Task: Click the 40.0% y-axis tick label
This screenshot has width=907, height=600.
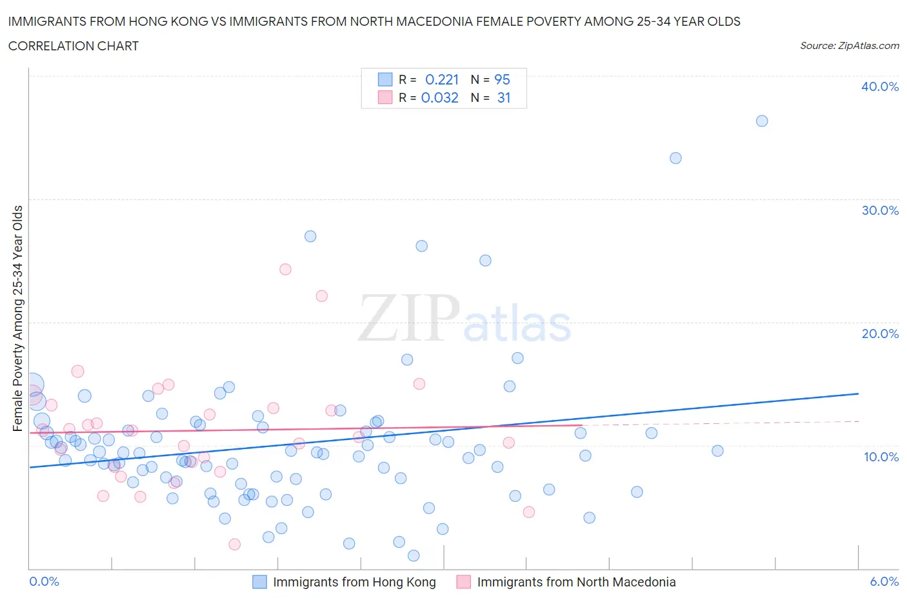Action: point(879,87)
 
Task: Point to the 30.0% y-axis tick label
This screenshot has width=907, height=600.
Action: point(879,210)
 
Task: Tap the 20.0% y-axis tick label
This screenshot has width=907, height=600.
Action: point(879,334)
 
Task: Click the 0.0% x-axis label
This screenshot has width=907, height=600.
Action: point(44,581)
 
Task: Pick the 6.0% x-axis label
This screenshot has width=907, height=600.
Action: point(884,581)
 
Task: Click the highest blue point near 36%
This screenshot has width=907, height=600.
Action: point(762,121)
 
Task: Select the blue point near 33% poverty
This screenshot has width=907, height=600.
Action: point(675,158)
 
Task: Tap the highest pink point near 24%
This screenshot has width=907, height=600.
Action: point(285,270)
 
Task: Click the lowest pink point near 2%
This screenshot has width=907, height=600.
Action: point(235,545)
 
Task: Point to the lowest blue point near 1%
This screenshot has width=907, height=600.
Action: point(414,555)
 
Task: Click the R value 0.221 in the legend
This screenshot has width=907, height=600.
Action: point(442,79)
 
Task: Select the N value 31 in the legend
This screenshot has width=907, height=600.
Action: point(504,97)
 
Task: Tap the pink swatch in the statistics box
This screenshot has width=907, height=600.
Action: point(385,97)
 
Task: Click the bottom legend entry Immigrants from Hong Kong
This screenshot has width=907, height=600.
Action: point(354,582)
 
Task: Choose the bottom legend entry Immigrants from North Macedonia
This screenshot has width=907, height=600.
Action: point(576,582)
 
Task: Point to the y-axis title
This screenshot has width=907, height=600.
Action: point(17,318)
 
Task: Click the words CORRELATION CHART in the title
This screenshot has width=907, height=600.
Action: point(74,46)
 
